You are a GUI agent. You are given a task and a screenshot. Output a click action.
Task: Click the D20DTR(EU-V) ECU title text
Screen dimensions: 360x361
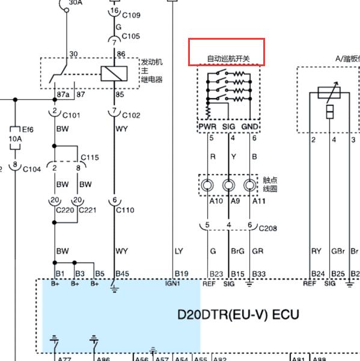tap(238, 315)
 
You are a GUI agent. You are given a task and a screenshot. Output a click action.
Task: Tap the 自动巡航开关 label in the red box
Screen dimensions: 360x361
tap(228, 58)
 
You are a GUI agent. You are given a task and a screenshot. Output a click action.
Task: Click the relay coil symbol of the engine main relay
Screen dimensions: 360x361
tap(114, 73)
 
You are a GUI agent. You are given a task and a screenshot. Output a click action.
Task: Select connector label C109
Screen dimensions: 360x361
tap(131, 15)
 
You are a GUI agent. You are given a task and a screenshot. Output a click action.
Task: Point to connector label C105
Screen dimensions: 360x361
tap(130, 36)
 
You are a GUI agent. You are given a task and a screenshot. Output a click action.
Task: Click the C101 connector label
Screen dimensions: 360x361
tap(72, 115)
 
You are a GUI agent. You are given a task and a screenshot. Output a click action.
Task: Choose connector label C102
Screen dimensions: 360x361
tap(131, 115)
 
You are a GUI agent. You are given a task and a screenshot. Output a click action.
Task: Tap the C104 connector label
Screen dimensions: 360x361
tap(32, 170)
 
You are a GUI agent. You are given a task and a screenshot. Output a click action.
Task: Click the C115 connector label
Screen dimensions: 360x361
tap(90, 158)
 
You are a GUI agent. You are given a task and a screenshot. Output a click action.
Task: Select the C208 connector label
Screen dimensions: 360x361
tap(268, 229)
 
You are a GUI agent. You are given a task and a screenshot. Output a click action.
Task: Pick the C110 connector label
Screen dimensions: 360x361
tap(125, 210)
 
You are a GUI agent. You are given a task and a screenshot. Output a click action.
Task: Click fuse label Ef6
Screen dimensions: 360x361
tap(28, 129)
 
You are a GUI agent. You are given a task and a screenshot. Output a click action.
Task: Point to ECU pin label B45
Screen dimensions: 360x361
tap(122, 274)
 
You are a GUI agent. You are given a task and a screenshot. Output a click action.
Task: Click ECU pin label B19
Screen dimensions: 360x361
tap(182, 274)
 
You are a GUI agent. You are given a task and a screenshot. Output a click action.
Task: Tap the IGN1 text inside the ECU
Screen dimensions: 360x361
tap(172, 283)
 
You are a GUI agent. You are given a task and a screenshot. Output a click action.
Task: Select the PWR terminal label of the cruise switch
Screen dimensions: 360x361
tap(207, 126)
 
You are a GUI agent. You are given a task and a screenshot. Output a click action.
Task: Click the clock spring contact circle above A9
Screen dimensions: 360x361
tap(228, 185)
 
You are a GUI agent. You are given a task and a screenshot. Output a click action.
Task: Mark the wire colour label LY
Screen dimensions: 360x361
tap(178, 251)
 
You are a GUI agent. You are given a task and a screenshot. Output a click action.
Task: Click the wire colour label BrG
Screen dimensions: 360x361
tap(237, 251)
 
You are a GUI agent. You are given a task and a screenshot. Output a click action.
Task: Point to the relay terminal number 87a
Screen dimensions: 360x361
tap(63, 94)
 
